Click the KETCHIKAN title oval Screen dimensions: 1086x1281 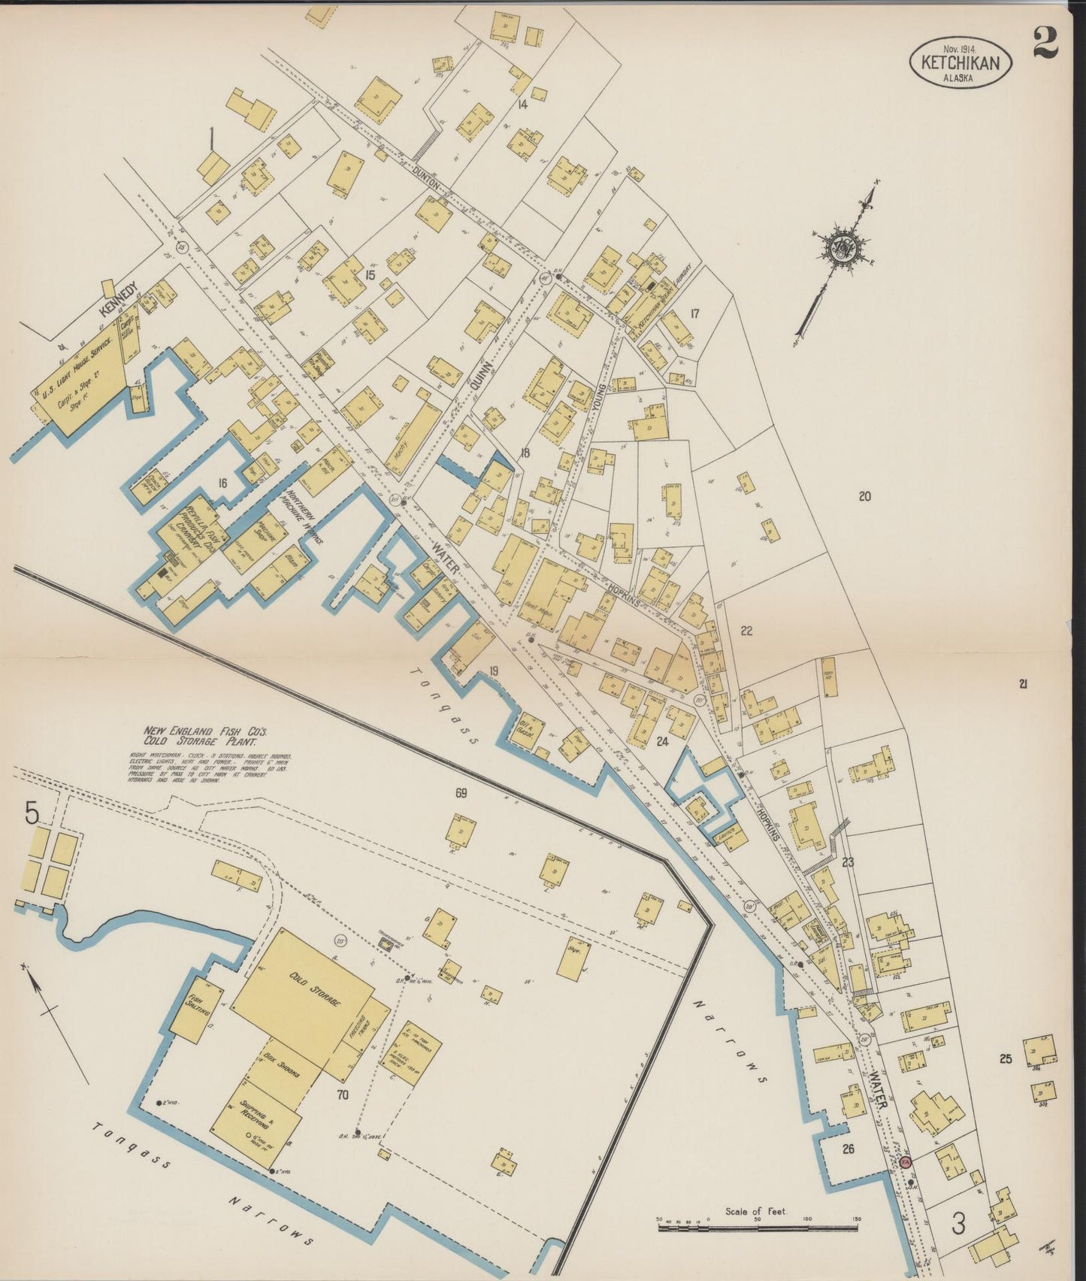[960, 62]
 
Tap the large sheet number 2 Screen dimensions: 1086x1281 [1044, 42]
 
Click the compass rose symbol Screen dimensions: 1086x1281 [839, 247]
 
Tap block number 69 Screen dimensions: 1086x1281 [461, 792]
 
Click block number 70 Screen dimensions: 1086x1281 [342, 1095]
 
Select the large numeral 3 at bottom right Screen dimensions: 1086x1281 [958, 1223]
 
